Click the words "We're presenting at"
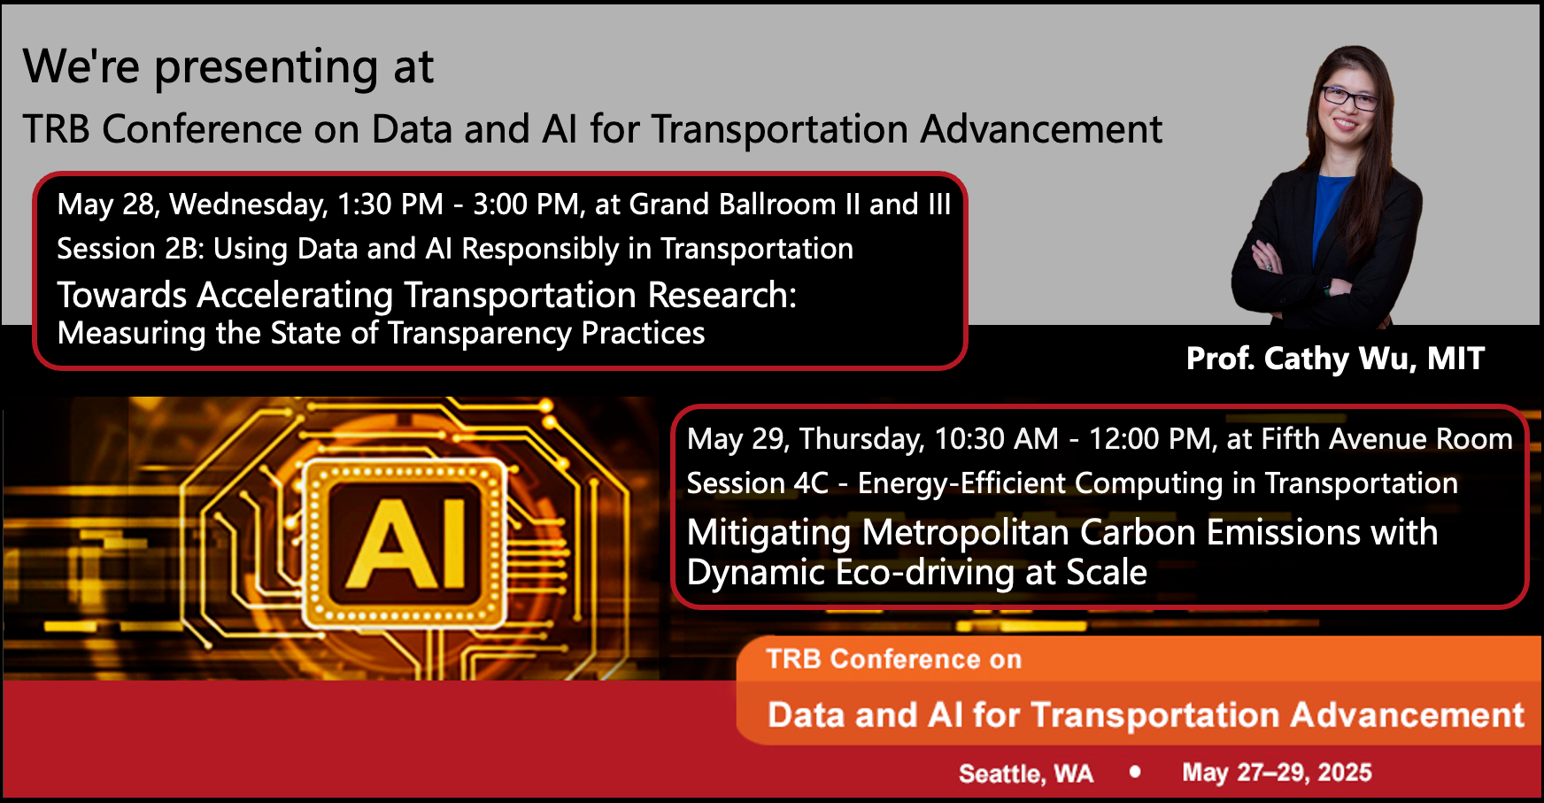coord(228,67)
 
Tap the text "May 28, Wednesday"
coord(192,205)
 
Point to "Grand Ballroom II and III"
coord(790,205)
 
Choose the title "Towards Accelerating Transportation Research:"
coord(427,296)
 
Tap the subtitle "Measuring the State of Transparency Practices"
coord(381,334)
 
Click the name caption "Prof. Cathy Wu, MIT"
coord(1335,359)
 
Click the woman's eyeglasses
coord(1349,97)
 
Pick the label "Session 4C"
coord(758,483)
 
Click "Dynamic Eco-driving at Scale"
coord(917,573)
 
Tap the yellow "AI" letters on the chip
coord(406,543)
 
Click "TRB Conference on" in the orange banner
coord(894,660)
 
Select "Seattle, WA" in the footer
coord(1026,774)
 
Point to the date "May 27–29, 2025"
coord(1277,773)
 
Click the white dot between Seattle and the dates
coord(1135,772)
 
